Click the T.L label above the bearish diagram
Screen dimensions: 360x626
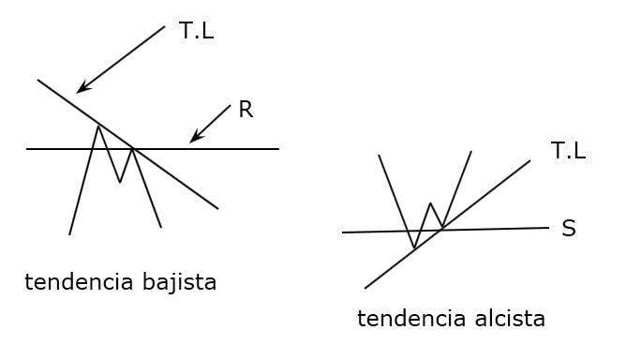196,30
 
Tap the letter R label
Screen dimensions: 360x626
246,110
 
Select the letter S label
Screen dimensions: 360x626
568,229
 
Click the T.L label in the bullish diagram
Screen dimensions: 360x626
568,151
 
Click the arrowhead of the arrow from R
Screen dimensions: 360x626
192,141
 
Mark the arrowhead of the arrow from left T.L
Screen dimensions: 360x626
79,91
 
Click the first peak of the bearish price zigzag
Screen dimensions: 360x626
98,126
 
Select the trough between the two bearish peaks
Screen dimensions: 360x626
119,182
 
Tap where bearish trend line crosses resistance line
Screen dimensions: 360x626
133,148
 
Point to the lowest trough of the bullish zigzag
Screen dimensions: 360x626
413,248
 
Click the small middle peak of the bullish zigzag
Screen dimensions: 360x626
430,202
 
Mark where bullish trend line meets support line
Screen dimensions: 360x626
441,230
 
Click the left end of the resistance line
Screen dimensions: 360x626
27,149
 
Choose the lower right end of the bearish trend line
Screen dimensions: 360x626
217,208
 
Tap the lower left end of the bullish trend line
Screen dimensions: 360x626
365,288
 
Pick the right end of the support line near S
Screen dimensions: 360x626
548,228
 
